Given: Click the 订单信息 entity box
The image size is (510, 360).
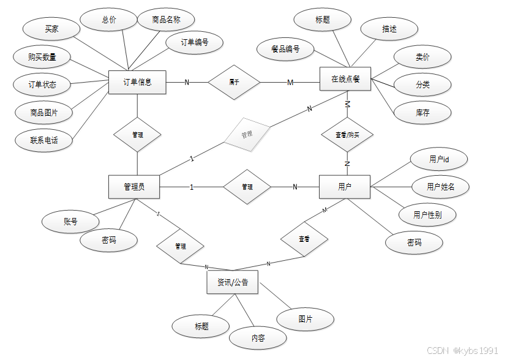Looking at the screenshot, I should (137, 82).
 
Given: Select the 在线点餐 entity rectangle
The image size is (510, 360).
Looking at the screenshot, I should (345, 79).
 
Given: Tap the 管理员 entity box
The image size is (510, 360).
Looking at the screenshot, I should (134, 187).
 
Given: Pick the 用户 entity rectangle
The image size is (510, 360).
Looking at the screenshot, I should (345, 187).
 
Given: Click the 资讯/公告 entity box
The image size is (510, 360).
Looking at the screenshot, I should (232, 282).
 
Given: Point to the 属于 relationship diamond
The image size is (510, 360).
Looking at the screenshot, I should (234, 82).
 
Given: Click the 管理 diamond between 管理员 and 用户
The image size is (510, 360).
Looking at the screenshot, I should (247, 187).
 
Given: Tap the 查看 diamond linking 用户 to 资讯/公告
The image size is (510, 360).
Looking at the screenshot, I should (304, 238).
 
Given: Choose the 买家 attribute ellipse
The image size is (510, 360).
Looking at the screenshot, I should (51, 29).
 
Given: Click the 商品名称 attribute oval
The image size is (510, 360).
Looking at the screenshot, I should (167, 20).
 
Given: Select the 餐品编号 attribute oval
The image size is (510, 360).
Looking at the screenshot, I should (286, 49).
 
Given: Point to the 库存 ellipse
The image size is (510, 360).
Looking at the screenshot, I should (422, 113).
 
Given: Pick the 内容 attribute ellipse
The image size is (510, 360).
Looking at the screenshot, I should (258, 338).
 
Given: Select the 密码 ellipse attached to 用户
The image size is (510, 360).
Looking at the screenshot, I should (414, 243).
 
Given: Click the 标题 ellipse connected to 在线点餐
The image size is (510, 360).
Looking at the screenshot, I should (323, 20).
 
